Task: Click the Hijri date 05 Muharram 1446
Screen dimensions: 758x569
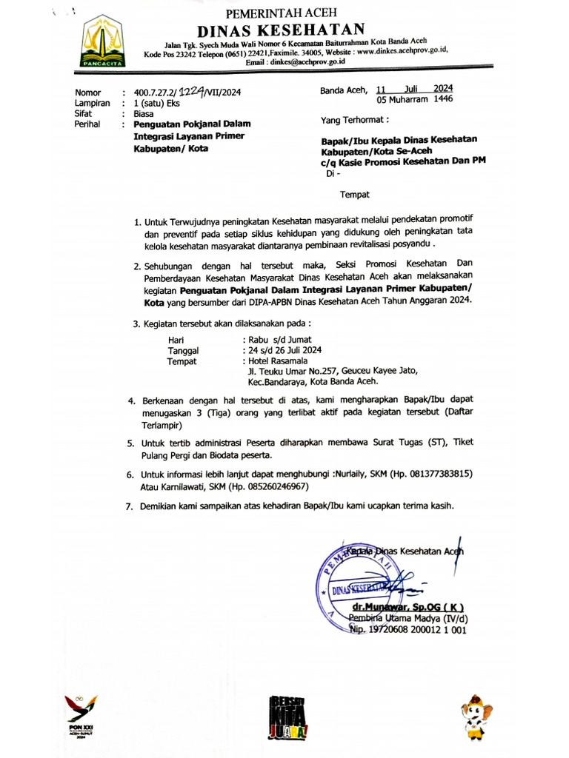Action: click(x=415, y=99)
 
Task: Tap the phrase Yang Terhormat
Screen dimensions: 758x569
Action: click(x=354, y=119)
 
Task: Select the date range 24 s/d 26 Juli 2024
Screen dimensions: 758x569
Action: click(x=285, y=350)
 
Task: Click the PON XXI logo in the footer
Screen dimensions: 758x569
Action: click(x=80, y=715)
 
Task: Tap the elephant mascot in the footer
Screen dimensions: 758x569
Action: click(x=473, y=717)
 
